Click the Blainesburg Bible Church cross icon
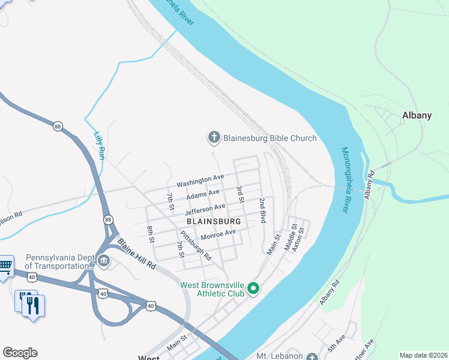214,138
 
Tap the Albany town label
417,116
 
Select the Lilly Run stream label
100,145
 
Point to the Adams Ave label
203,195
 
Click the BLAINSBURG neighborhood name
214,221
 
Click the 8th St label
151,235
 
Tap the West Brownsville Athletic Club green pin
253,289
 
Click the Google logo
20,353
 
